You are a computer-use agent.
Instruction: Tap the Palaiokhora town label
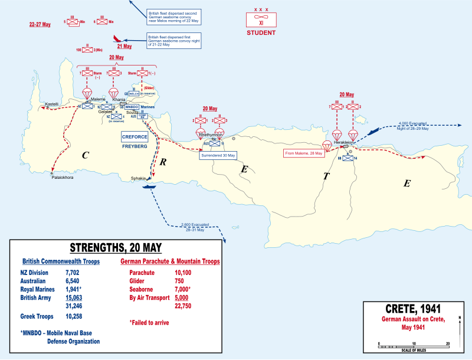(x=62, y=177)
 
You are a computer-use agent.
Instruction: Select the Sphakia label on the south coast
(x=139, y=178)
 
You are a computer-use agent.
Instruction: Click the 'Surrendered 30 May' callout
(x=218, y=155)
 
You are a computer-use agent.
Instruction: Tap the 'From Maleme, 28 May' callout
(x=305, y=153)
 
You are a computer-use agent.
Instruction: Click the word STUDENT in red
(x=261, y=33)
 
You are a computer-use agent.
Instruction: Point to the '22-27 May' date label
(x=40, y=25)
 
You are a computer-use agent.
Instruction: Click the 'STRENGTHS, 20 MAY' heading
(x=116, y=247)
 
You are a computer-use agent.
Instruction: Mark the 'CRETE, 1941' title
(x=412, y=309)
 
